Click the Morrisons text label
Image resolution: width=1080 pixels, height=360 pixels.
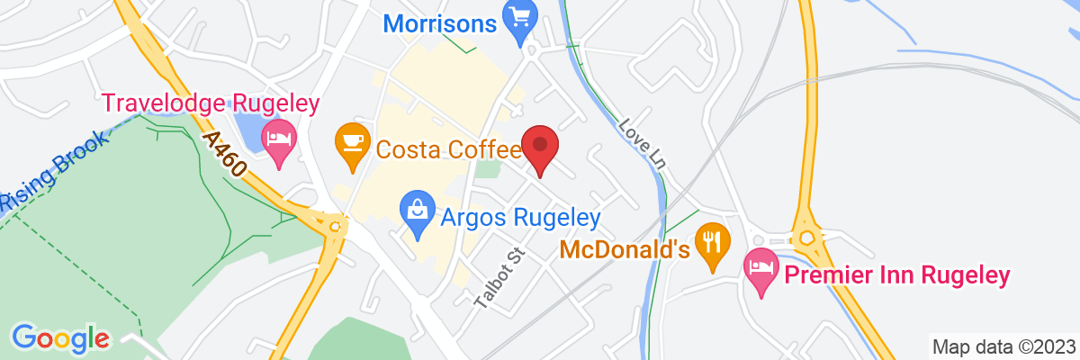click(x=440, y=22)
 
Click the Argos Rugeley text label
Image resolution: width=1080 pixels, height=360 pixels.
click(x=520, y=217)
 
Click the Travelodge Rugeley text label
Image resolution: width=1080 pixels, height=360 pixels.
click(x=211, y=103)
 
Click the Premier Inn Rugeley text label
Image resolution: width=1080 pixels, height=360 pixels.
click(x=895, y=274)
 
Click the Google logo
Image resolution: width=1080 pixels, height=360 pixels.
click(x=60, y=338)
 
